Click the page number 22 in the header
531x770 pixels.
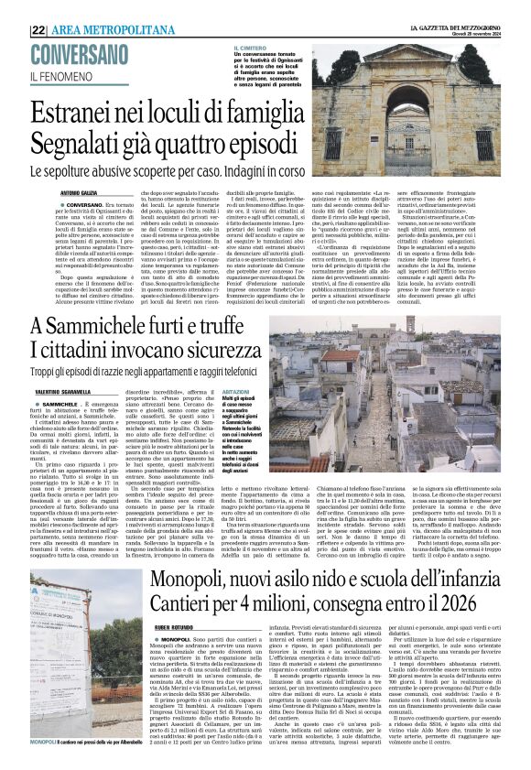(x=38, y=29)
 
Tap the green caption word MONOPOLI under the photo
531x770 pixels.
(x=42, y=741)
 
